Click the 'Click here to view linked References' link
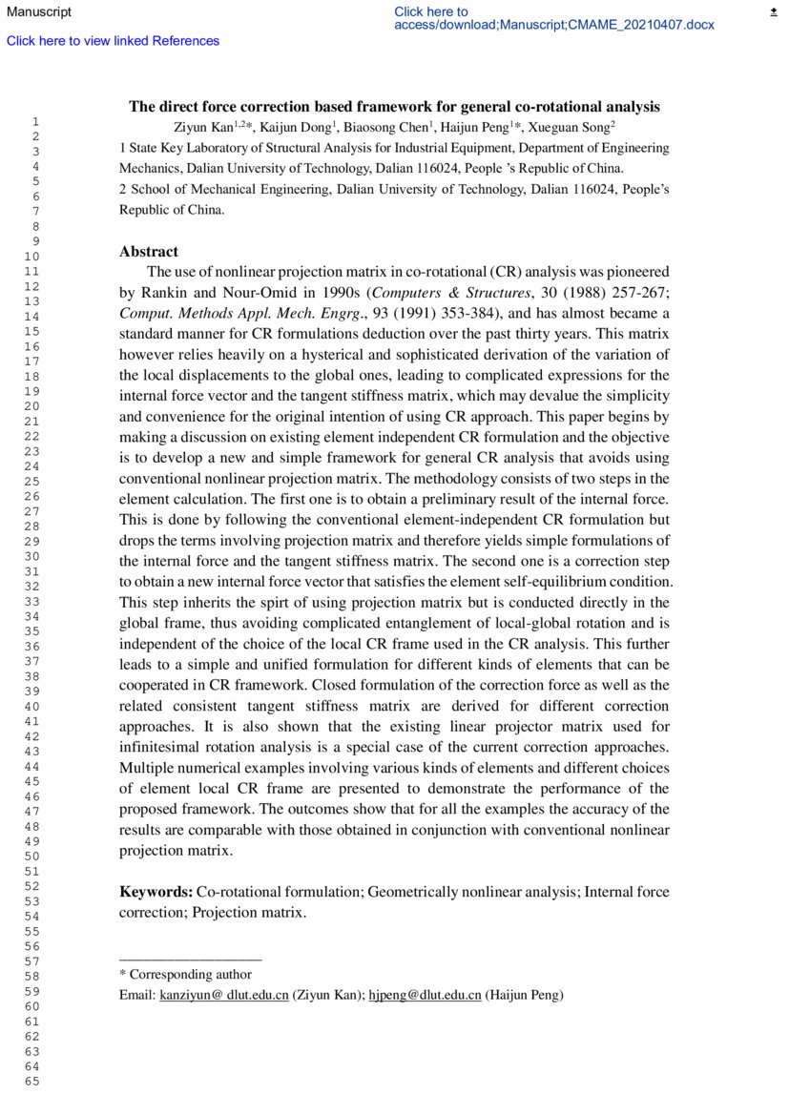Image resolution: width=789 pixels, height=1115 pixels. (x=113, y=41)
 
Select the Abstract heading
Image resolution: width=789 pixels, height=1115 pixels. (x=148, y=252)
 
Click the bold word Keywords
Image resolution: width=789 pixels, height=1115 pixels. (x=156, y=892)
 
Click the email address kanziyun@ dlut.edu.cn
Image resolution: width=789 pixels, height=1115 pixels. (x=224, y=996)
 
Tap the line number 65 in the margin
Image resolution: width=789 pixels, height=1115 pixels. (x=32, y=1082)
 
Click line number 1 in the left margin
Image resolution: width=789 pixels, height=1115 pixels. (x=35, y=121)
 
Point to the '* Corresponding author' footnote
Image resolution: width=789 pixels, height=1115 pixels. (x=185, y=975)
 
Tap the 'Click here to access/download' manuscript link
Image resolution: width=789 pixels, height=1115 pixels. (x=553, y=18)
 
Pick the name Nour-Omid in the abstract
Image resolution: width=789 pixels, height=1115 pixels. (x=253, y=292)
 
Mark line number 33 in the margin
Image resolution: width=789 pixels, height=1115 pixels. (x=32, y=602)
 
